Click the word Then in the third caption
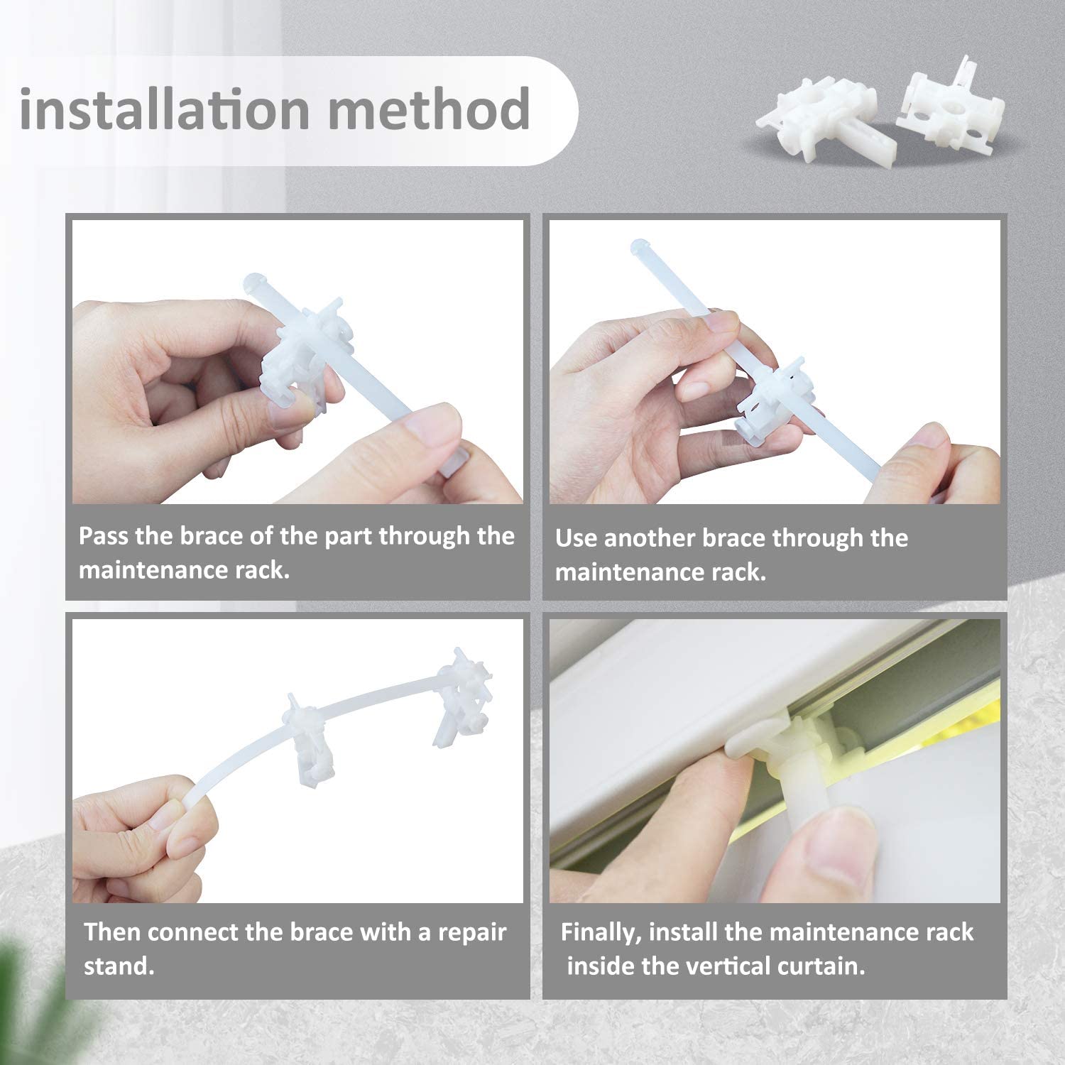pos(113,932)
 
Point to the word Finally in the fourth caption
pos(601,932)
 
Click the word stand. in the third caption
pos(119,966)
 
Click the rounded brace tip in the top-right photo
pos(640,247)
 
